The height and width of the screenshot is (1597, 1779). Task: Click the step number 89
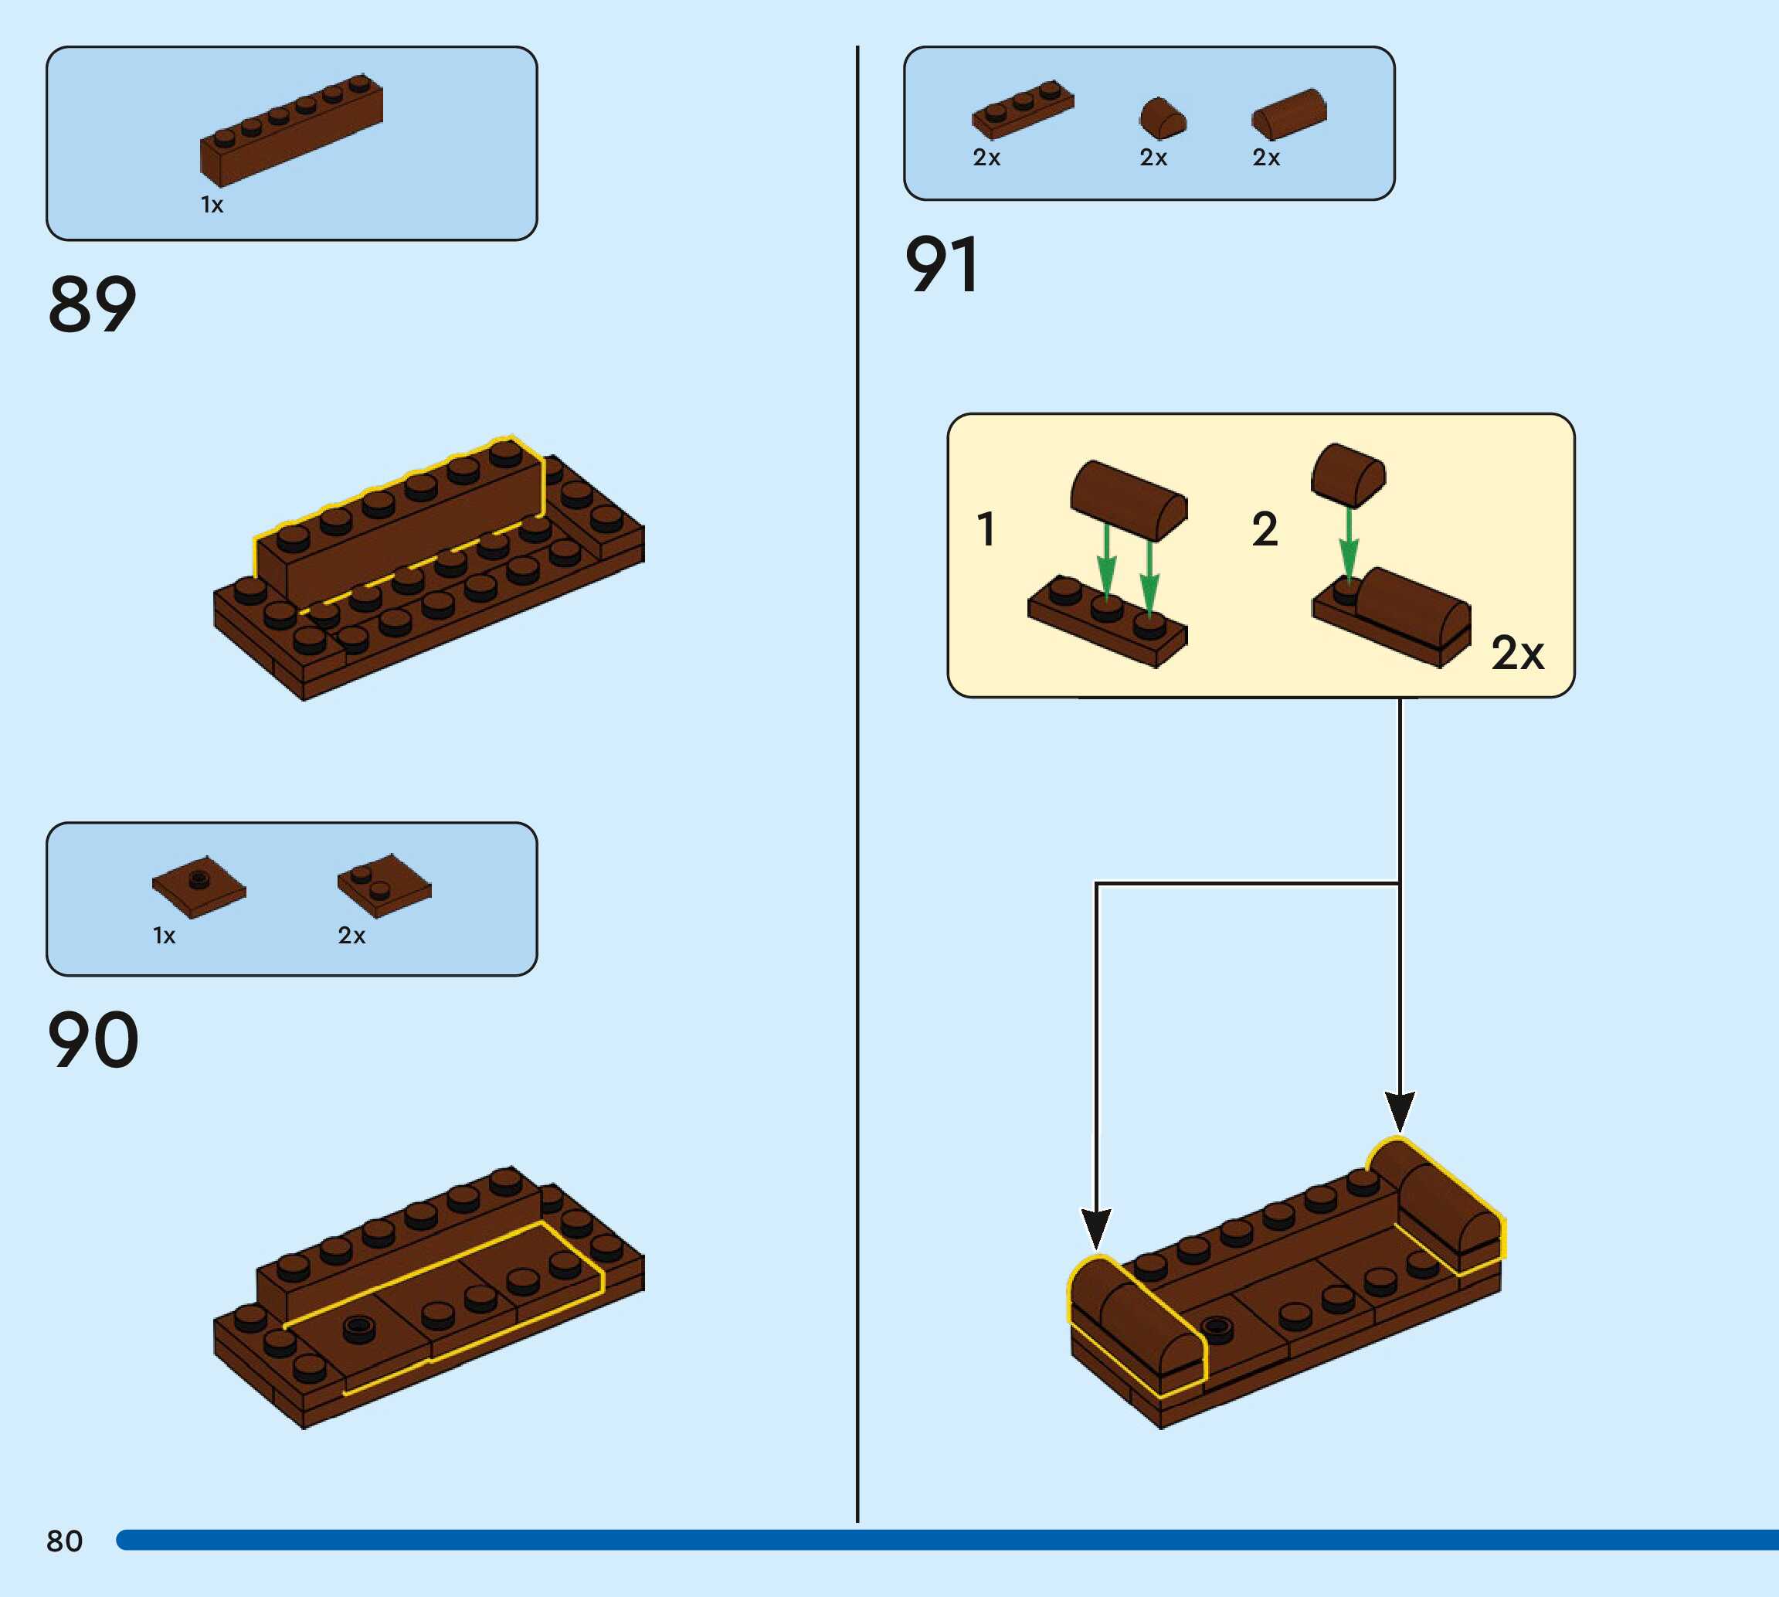click(x=92, y=304)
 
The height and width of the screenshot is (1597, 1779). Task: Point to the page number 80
click(x=64, y=1540)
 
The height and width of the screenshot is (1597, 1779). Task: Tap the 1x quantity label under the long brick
click(x=212, y=206)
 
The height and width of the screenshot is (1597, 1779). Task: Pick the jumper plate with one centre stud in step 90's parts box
click(x=199, y=886)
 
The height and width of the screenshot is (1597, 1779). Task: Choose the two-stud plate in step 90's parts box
click(x=384, y=885)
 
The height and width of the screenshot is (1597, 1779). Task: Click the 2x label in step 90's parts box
click(x=351, y=936)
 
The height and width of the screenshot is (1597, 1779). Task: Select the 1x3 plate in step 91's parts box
click(x=1022, y=110)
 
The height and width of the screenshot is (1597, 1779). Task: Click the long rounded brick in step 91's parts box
click(x=1288, y=114)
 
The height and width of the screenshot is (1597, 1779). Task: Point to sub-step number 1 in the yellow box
click(x=986, y=529)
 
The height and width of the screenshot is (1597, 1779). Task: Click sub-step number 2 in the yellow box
click(x=1264, y=529)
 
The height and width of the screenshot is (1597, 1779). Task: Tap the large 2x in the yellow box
click(x=1516, y=653)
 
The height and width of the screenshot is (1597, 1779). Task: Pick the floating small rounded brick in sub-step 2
click(x=1348, y=474)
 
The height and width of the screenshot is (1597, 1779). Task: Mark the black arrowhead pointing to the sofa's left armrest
click(x=1095, y=1227)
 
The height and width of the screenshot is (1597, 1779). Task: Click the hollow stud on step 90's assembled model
click(x=357, y=1327)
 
